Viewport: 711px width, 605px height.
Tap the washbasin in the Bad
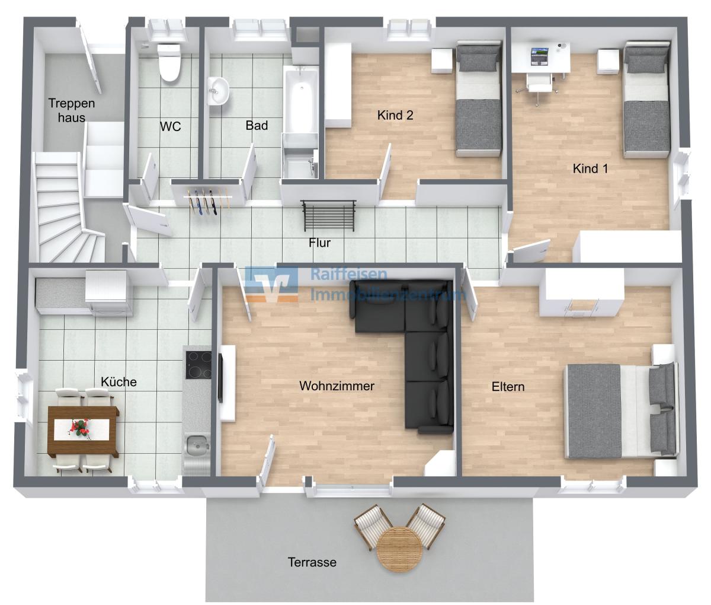pos(217,91)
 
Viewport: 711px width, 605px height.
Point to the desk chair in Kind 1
pos(539,86)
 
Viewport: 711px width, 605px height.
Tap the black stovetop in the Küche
pos(198,364)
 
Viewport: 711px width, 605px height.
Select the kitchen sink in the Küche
pos(196,446)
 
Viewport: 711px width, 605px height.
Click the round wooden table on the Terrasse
pos(399,549)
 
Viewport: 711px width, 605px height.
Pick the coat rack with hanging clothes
pos(207,202)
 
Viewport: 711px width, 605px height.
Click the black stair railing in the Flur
pos(328,215)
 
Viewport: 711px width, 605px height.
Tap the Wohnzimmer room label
pos(337,386)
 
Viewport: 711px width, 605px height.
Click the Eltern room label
pos(508,387)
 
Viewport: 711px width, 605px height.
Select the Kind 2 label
pos(395,115)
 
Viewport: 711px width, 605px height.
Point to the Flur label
pos(319,243)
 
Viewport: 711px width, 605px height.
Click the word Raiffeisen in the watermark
pos(348,275)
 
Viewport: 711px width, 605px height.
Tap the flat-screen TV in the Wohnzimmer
pos(220,378)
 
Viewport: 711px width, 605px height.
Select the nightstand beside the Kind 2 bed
pos(442,60)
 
